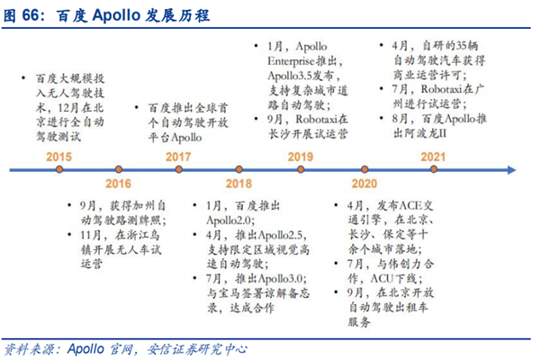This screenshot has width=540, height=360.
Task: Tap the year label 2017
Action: (x=178, y=156)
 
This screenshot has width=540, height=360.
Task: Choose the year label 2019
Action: (x=300, y=156)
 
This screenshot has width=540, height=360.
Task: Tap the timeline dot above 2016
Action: (x=117, y=168)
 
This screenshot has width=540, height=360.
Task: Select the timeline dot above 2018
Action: (x=238, y=168)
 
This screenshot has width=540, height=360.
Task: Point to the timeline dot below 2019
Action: (x=300, y=168)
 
